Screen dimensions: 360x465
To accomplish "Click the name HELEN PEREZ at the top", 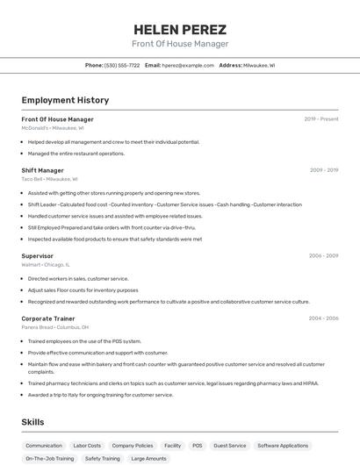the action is (179, 29).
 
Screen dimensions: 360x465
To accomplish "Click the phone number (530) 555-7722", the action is (122, 65).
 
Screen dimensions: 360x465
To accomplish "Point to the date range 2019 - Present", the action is (321, 119).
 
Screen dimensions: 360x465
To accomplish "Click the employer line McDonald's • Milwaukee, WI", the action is (53, 128).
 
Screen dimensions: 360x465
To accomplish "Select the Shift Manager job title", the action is (43, 170).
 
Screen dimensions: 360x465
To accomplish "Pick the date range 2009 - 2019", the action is (324, 170).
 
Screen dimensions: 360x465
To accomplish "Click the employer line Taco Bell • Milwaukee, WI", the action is (49, 179).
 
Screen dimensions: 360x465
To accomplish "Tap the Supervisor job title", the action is (38, 256).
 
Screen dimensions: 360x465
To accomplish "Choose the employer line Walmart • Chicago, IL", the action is (46, 264).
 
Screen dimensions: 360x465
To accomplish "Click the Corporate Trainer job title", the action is (48, 318).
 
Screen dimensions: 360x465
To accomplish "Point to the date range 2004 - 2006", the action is (324, 318).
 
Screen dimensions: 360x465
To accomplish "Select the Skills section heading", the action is (33, 423).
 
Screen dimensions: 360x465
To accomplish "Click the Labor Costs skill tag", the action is (87, 446).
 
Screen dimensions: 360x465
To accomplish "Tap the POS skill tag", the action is (198, 446).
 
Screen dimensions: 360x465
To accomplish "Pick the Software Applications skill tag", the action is (283, 446).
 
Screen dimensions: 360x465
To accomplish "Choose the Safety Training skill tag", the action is (103, 458).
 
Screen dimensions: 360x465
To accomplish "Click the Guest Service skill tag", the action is (230, 446).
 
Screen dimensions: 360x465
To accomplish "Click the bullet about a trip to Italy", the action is (100, 395).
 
